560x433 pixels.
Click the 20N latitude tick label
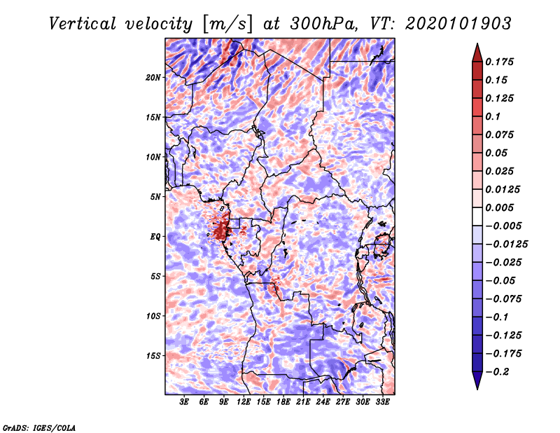[153, 78]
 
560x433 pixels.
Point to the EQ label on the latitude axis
[155, 237]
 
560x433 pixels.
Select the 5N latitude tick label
[155, 197]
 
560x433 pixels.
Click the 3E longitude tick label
[184, 401]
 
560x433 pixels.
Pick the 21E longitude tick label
[303, 401]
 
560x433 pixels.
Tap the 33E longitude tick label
[382, 401]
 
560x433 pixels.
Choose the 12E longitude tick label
[244, 401]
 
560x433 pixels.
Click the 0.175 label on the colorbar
[499, 62]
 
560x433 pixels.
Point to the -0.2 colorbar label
[497, 372]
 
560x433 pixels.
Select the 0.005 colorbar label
[499, 207]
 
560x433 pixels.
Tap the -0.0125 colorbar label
[506, 245]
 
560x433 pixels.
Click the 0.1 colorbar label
[493, 116]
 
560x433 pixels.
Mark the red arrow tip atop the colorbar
[477, 43]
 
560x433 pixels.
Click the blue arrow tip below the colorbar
[477, 389]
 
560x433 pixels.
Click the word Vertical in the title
[83, 24]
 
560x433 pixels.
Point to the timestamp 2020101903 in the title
[458, 24]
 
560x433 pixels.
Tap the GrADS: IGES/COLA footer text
[39, 427]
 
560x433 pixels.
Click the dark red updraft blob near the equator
[221, 231]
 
